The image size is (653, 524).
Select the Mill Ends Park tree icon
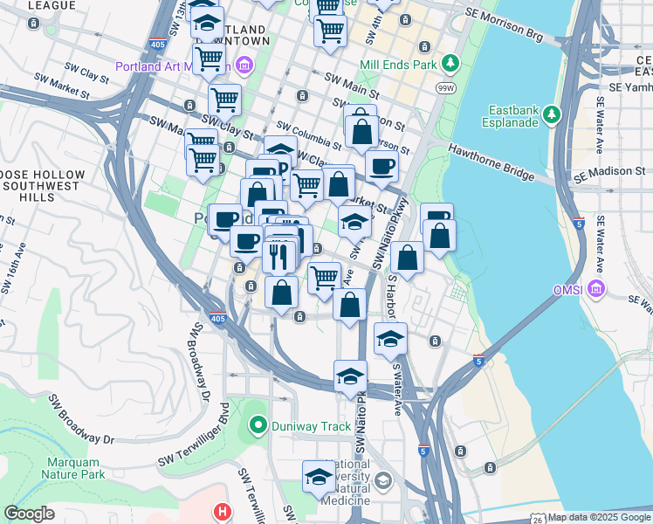450,63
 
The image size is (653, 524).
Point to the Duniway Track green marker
258,426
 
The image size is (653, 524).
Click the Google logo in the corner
29,514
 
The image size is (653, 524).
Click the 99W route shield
445,87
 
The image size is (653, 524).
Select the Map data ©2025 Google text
599,517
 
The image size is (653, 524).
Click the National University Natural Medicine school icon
382,481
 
